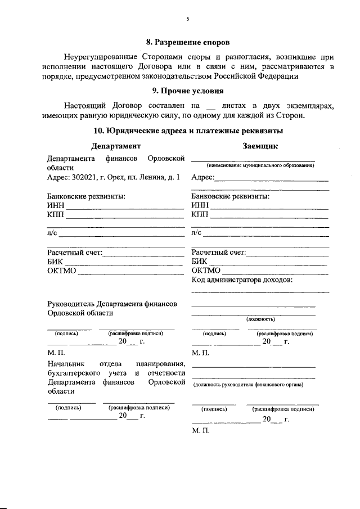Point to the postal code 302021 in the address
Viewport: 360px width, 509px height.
pyautogui.click(x=87, y=177)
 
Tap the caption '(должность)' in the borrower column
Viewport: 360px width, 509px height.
pyautogui.click(x=260, y=318)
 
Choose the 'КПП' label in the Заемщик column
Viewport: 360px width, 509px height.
pyautogui.click(x=200, y=215)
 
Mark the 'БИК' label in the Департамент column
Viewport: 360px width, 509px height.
pyautogui.click(x=55, y=262)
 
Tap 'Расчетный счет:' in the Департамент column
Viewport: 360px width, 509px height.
pyautogui.click(x=74, y=252)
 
